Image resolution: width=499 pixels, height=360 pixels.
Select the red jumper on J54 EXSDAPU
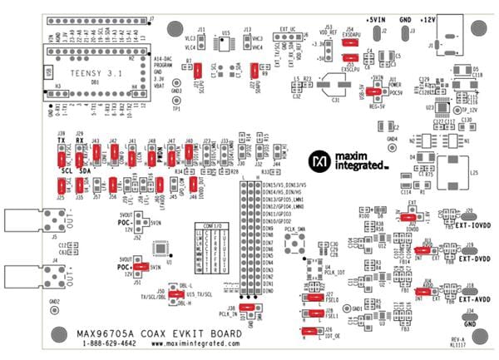pos(349,37)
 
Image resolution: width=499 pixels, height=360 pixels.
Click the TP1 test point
pos(175,101)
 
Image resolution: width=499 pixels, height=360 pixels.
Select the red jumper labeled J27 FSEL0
pos(314,297)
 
